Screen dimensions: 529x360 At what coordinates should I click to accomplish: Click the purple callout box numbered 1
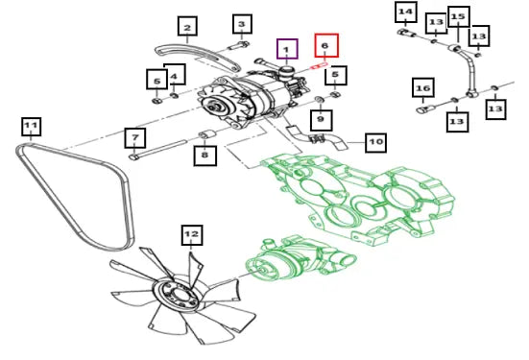pos(287,49)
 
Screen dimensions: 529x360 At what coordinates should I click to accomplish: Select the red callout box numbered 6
pos(326,45)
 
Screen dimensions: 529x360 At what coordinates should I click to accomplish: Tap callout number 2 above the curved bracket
pos(187,26)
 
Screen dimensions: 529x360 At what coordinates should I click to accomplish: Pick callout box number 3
pos(241,24)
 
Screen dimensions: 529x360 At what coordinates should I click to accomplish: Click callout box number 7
pos(135,137)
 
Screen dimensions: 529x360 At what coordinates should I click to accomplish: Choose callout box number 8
pos(204,156)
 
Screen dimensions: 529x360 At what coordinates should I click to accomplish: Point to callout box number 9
pos(321,120)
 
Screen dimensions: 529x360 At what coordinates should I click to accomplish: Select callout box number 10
pos(375,142)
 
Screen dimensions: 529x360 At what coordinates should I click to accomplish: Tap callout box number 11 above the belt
pos(31,127)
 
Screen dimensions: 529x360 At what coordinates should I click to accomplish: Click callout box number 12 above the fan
pos(192,234)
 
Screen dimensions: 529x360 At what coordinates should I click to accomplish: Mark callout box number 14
pos(406,12)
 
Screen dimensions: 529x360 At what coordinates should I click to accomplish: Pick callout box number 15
pos(459,16)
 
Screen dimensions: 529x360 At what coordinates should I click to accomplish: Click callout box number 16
pos(423,87)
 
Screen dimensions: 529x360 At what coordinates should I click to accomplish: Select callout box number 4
pos(176,74)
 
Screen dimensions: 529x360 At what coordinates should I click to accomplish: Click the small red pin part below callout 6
pos(319,65)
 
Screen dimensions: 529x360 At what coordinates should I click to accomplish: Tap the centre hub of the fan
pos(177,294)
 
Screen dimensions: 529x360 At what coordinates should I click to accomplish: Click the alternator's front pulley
pos(215,107)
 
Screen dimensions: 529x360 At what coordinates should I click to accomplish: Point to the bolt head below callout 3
pos(245,44)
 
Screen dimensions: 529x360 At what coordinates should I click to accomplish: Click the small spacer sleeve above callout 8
pos(205,134)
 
